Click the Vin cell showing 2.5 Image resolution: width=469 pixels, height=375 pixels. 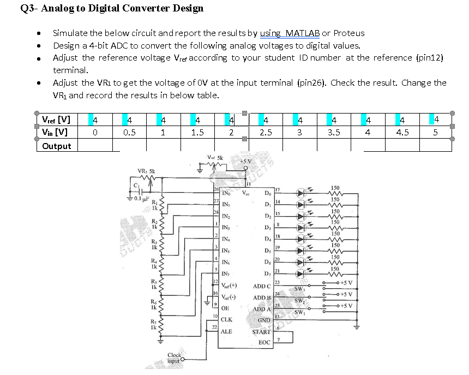click(266, 132)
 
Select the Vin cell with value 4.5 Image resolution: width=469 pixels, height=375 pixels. click(402, 132)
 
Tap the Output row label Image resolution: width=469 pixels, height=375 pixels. click(57, 146)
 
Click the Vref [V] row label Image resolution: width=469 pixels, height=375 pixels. click(56, 120)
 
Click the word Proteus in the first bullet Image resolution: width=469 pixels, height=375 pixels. click(349, 33)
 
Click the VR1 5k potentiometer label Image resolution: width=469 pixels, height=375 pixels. click(146, 171)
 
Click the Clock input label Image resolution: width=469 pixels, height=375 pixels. click(174, 358)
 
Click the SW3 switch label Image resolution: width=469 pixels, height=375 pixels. click(299, 289)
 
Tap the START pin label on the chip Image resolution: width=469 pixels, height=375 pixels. click(261, 331)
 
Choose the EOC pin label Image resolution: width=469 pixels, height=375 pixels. click(264, 342)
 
